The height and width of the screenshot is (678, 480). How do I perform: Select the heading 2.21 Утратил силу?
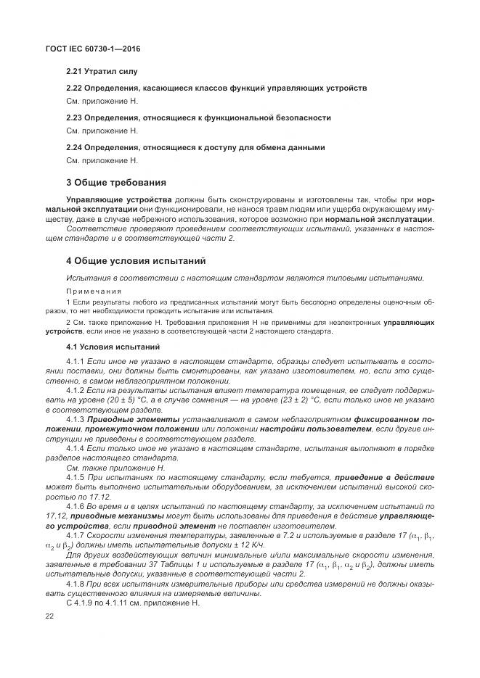[102, 72]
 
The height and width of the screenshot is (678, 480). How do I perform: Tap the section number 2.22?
[74, 88]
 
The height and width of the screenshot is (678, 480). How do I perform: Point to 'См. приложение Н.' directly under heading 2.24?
[102, 160]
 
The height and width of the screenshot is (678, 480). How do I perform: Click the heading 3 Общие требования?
[116, 182]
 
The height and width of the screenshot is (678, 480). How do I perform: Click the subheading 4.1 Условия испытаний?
[113, 347]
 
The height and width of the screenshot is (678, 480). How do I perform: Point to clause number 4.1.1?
[76, 360]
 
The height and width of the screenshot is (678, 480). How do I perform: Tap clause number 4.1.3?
[76, 419]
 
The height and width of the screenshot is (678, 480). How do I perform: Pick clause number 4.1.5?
[76, 477]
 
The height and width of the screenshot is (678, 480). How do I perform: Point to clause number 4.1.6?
[76, 506]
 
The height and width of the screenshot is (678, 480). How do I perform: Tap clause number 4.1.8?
[76, 584]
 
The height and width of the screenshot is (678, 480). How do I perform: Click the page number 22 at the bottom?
[50, 616]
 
